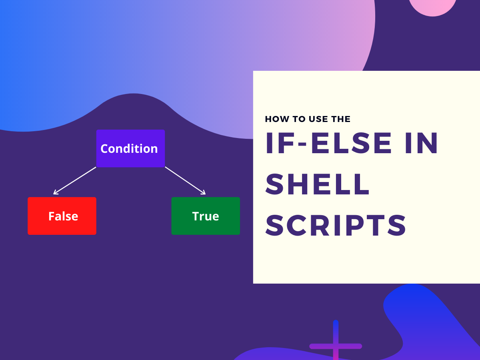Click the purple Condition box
(130, 148)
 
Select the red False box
(62, 216)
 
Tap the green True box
(206, 216)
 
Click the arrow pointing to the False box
(75, 180)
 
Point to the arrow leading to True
(185, 180)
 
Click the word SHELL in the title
(317, 184)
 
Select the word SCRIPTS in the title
(336, 226)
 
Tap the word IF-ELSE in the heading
(328, 143)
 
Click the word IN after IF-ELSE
(421, 143)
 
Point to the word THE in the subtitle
(341, 119)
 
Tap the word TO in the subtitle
(299, 119)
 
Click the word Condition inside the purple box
(129, 149)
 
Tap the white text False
(63, 216)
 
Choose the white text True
(206, 216)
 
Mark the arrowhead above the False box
(56, 192)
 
